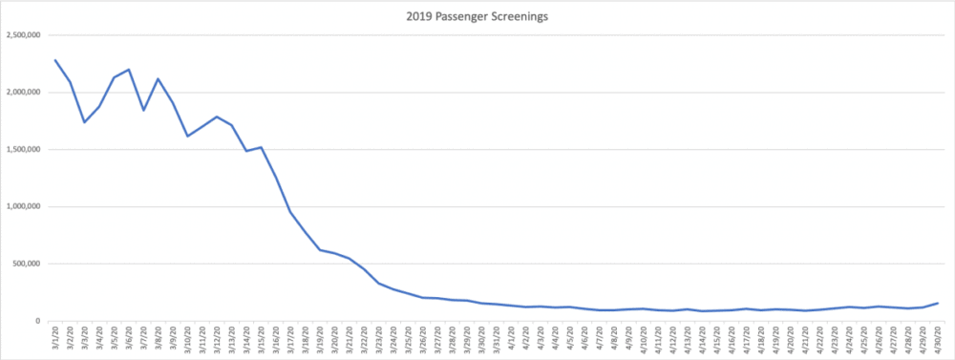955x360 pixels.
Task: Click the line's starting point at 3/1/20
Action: (55, 60)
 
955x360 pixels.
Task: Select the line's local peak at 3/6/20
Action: (129, 70)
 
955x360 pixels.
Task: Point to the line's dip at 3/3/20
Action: (85, 122)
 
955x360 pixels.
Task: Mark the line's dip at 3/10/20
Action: (187, 137)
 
